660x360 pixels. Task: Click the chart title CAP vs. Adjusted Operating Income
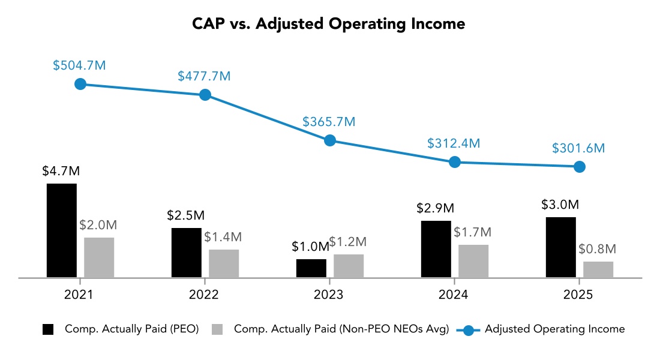[x=329, y=24]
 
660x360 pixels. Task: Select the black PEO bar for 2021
[x=62, y=230]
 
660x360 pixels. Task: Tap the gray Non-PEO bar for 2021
[x=99, y=257]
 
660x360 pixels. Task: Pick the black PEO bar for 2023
[x=311, y=268]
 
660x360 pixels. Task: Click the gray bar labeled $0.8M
[x=598, y=269]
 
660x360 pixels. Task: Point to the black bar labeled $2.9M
[x=436, y=249]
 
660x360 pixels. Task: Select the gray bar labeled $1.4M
[x=224, y=263]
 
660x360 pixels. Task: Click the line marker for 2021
[x=80, y=84]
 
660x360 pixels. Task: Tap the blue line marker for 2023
[x=329, y=140]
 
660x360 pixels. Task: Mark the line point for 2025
[x=579, y=167]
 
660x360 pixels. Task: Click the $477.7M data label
[x=204, y=76]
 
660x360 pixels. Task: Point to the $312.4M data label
[x=454, y=143]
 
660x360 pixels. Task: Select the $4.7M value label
[x=61, y=171]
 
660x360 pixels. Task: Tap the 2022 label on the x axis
[x=205, y=295]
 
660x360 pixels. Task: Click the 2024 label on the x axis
[x=454, y=295]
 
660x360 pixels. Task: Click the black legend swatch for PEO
[x=48, y=329]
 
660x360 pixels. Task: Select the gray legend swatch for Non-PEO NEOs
[x=218, y=329]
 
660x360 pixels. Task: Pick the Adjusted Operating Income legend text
[x=554, y=329]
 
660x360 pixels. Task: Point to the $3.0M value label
[x=561, y=205]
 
